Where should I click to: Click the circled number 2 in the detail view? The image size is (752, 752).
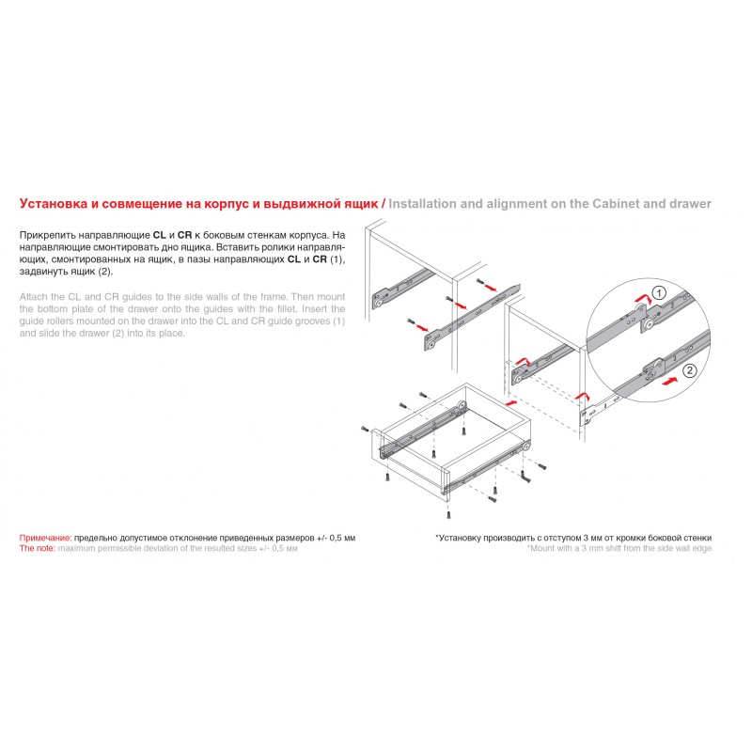click(690, 370)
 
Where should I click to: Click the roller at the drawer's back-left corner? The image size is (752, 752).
click(462, 405)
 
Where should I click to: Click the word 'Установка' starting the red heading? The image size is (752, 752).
click(54, 203)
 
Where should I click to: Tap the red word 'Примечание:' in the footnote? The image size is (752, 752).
click(45, 537)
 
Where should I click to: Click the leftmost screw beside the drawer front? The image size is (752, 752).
click(365, 428)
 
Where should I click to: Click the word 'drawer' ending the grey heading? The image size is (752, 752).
click(689, 203)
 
